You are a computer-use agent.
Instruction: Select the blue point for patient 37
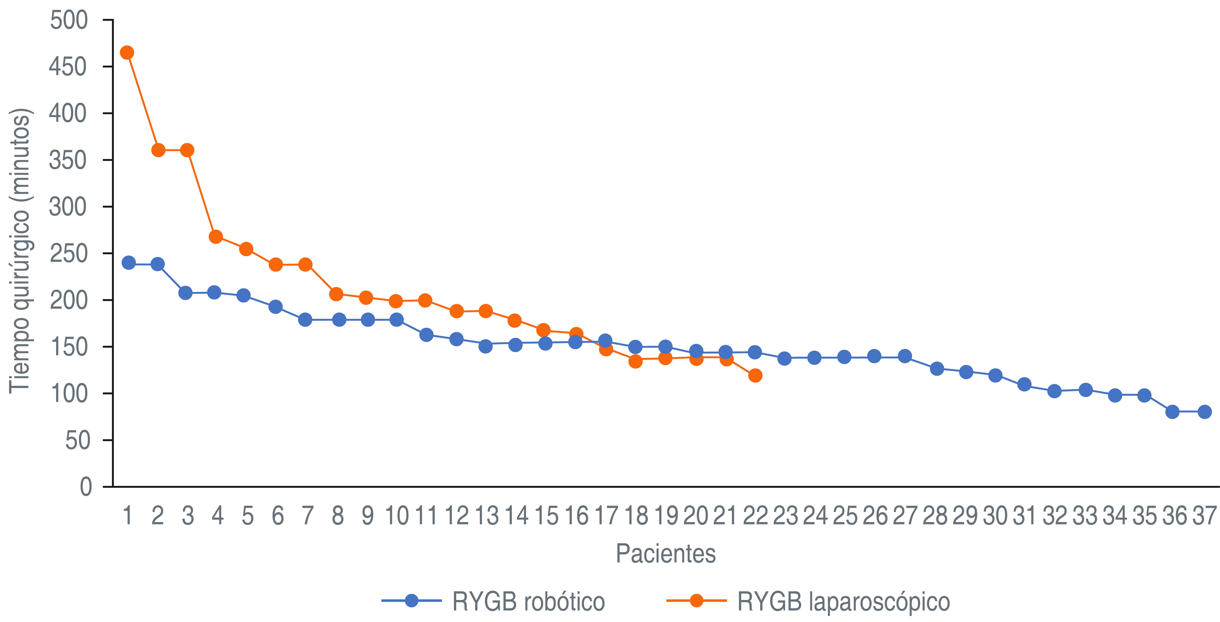point(1204,412)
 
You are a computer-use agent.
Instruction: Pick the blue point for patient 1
point(128,263)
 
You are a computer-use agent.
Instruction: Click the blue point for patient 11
point(426,335)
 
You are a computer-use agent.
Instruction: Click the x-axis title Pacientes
point(666,553)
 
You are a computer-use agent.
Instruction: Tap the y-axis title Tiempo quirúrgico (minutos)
point(20,251)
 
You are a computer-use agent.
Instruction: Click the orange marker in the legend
point(696,601)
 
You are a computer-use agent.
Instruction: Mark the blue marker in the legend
point(412,601)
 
